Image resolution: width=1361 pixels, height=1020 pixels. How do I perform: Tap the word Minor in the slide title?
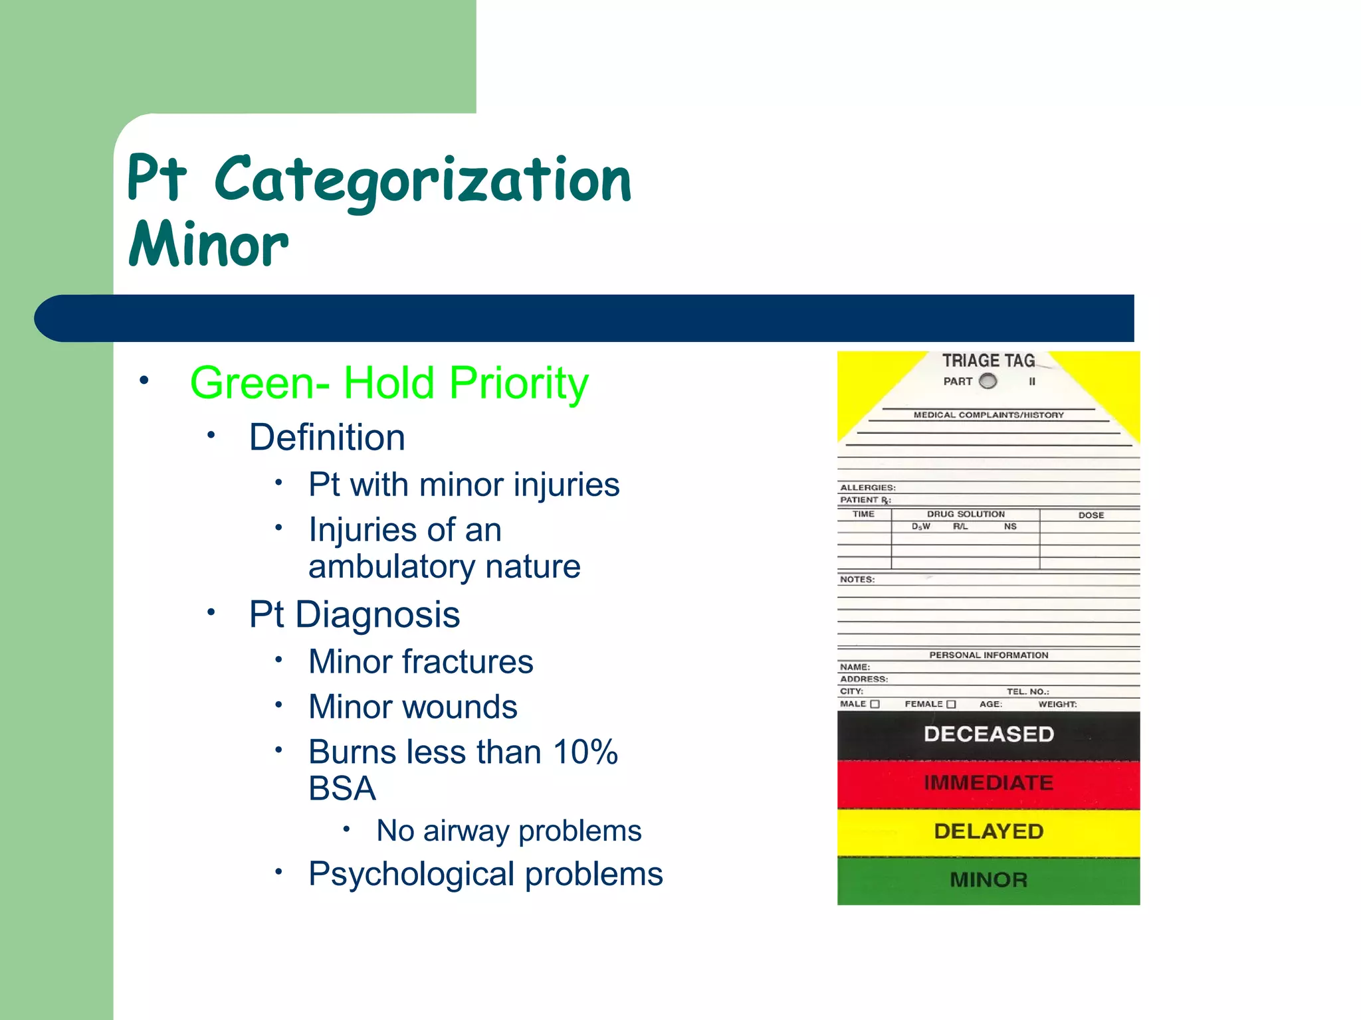click(209, 245)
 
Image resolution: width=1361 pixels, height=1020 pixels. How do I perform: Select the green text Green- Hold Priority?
click(389, 383)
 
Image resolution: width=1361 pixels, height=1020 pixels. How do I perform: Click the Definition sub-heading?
click(327, 438)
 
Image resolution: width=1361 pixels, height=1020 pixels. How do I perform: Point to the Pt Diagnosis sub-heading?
click(354, 614)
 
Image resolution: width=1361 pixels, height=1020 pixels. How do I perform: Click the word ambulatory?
click(391, 566)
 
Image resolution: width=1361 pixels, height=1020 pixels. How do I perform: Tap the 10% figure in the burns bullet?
click(585, 752)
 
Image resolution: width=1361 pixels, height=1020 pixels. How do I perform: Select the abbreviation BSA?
click(342, 789)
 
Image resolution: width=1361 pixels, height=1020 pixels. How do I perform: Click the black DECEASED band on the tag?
click(988, 734)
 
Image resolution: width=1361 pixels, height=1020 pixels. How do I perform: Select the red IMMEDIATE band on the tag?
click(988, 783)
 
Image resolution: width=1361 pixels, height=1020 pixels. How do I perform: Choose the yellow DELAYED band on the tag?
click(988, 831)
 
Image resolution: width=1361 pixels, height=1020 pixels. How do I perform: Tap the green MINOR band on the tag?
click(988, 880)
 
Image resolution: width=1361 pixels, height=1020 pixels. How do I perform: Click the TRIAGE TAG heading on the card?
click(988, 361)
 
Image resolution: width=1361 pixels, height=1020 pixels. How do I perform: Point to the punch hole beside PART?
click(988, 381)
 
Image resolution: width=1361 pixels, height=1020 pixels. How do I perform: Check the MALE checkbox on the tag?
click(875, 704)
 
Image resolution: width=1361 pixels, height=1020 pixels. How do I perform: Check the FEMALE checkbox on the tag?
click(951, 704)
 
